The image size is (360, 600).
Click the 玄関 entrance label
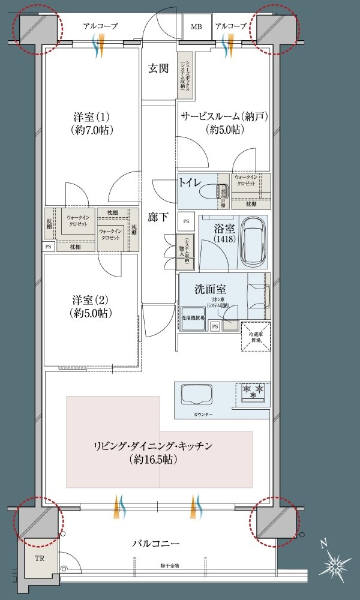point(158,68)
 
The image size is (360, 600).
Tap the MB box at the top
point(196,27)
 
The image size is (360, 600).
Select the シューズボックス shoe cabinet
point(182,76)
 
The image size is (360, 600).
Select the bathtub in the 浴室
point(255,243)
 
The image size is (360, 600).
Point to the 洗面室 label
point(210,289)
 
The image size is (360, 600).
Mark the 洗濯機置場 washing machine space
point(193,318)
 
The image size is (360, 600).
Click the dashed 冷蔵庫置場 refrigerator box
point(256,337)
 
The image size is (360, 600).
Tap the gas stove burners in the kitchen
point(253,393)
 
